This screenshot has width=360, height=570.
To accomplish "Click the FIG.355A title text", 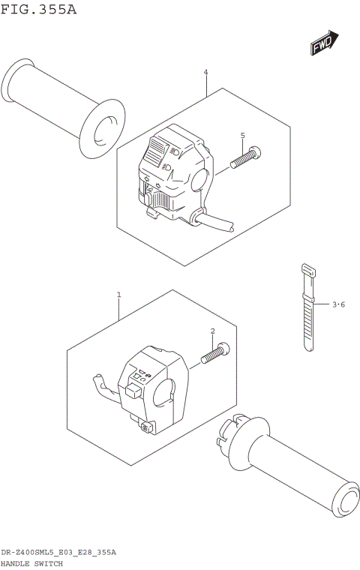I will (x=39, y=10).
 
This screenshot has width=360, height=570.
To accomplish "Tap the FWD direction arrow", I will (x=325, y=43).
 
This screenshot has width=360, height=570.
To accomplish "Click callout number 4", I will (x=205, y=73).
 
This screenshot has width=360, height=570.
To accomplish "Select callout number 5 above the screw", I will (x=242, y=135).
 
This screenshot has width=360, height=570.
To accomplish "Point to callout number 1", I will (x=118, y=295).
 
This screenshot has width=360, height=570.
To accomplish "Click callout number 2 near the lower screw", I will (x=212, y=331).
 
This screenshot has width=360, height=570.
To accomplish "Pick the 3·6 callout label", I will (x=338, y=304).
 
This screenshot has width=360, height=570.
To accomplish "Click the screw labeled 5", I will (x=246, y=158).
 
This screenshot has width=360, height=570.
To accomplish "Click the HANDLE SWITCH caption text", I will (x=31, y=562).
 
